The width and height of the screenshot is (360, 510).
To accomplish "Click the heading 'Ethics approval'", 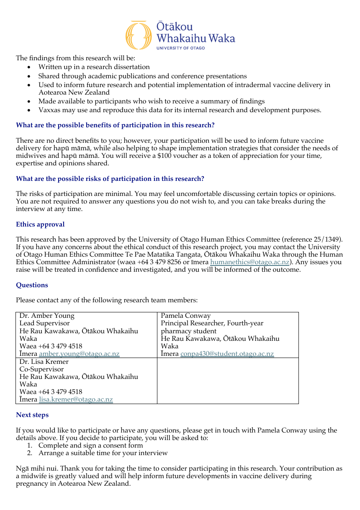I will [40, 224].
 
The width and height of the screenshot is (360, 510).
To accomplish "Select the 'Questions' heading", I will [32, 285].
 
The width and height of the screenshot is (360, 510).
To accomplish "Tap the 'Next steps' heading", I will [32, 415].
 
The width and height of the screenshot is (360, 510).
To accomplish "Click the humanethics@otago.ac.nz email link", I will [250, 263].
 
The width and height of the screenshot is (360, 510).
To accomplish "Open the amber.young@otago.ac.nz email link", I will [79, 354].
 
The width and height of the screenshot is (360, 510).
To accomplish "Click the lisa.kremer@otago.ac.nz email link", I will [76, 399].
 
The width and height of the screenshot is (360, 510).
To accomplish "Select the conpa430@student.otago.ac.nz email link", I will [227, 354].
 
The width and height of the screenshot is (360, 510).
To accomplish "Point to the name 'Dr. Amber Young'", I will [47, 316].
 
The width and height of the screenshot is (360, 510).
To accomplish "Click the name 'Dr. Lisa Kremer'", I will [44, 362].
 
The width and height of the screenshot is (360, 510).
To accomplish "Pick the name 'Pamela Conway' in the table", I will [185, 316].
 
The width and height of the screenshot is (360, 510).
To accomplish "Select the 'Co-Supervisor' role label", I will [41, 369].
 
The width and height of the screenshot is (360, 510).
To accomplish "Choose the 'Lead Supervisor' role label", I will [44, 323].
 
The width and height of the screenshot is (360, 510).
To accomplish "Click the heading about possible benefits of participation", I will [115, 125].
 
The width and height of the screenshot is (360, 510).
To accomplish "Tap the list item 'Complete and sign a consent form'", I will [90, 446].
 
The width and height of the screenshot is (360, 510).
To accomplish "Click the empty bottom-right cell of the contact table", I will [228, 381].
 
